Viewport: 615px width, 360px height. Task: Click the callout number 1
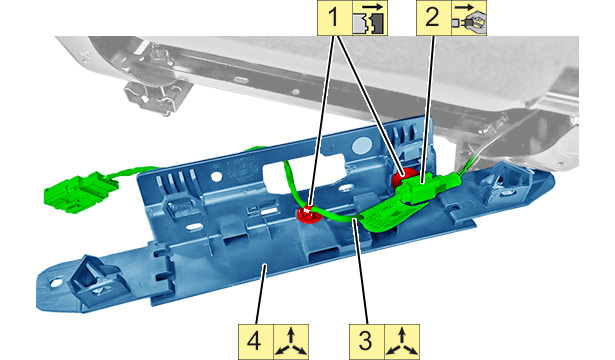click(x=333, y=18)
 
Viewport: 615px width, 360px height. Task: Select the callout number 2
click(x=433, y=18)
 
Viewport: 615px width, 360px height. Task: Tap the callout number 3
click(x=366, y=341)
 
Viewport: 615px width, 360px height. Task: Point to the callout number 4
click(x=255, y=341)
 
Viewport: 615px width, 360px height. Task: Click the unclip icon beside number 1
click(x=369, y=18)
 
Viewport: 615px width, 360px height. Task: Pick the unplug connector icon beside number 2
click(x=469, y=18)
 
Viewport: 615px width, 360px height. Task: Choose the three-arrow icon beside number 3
click(x=402, y=341)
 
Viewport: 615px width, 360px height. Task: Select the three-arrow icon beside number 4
click(x=291, y=341)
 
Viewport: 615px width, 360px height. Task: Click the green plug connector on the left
click(x=80, y=191)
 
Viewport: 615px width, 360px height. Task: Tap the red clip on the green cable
click(x=308, y=214)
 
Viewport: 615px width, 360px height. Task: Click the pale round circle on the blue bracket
click(x=362, y=146)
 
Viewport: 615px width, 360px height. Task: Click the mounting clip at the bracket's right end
click(x=505, y=181)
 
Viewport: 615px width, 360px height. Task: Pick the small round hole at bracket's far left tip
click(x=56, y=282)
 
